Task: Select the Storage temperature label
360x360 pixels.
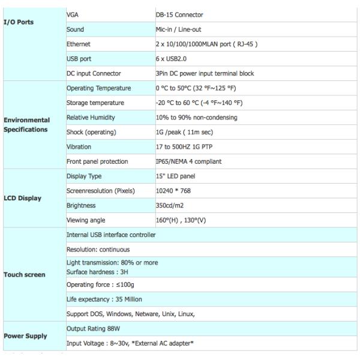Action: coord(94,103)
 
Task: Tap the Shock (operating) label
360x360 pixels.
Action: coord(91,132)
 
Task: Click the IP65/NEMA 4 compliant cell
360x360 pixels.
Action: coord(188,161)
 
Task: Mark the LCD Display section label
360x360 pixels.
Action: coord(23,197)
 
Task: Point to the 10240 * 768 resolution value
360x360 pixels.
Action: coord(173,191)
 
